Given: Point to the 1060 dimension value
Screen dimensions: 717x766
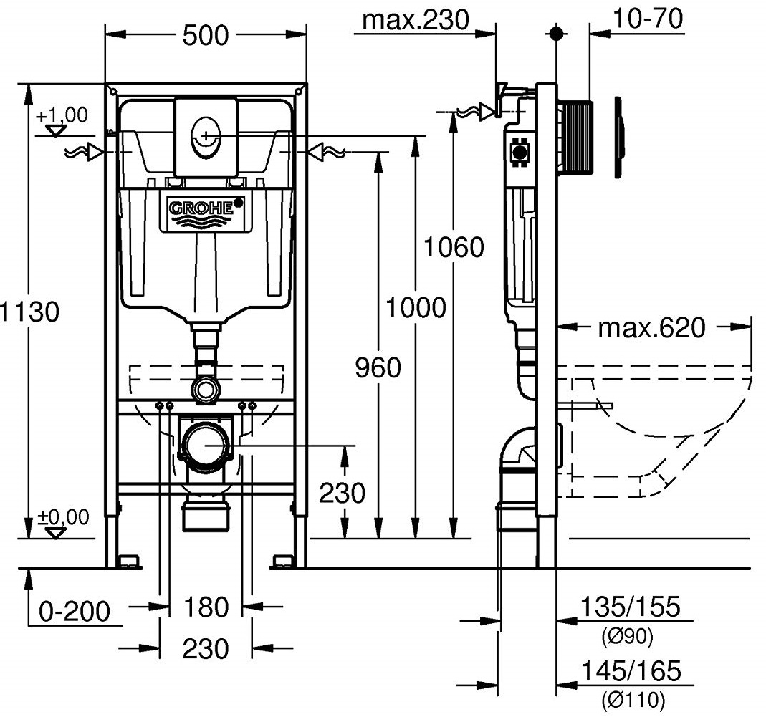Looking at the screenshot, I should (x=454, y=248).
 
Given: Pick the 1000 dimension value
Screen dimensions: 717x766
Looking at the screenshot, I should (x=416, y=308).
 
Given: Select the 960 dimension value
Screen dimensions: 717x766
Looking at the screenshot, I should (x=378, y=368).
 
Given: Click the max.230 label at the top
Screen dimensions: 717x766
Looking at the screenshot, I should (x=416, y=19).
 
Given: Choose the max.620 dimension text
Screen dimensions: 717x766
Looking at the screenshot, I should (x=651, y=329).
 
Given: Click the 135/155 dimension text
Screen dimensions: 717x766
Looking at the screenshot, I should (x=629, y=607).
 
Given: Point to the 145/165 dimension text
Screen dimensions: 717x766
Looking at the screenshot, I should (x=629, y=672).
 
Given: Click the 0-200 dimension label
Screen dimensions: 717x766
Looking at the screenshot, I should (x=75, y=612).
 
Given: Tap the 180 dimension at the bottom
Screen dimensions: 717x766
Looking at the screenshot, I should (x=206, y=608).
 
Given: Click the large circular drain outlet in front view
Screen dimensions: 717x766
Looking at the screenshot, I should (x=206, y=445).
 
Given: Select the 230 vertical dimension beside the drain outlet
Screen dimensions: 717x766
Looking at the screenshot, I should (x=342, y=494).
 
